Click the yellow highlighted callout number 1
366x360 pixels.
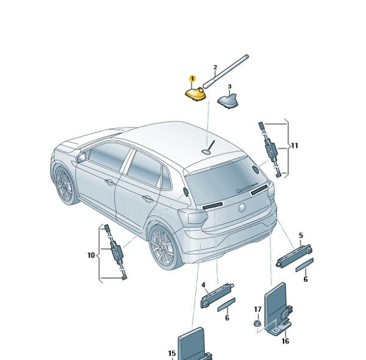click(192, 79)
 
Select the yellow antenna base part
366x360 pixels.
click(196, 94)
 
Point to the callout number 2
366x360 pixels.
click(215, 67)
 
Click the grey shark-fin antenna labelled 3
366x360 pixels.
click(228, 101)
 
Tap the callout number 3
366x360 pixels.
click(230, 87)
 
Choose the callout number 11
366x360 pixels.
click(295, 146)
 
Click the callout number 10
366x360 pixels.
click(91, 255)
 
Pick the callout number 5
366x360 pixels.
click(301, 236)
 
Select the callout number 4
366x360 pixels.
click(204, 285)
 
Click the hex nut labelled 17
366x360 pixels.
click(257, 323)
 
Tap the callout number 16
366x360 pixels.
click(285, 341)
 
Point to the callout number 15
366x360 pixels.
click(172, 353)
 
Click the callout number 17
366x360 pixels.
click(257, 309)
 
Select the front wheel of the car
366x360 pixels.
click(65, 185)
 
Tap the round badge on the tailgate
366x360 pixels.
click(242, 207)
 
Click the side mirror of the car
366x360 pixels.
click(81, 157)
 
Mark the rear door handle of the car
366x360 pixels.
click(148, 199)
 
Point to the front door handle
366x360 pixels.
click(109, 182)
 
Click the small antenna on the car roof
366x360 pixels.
click(209, 148)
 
